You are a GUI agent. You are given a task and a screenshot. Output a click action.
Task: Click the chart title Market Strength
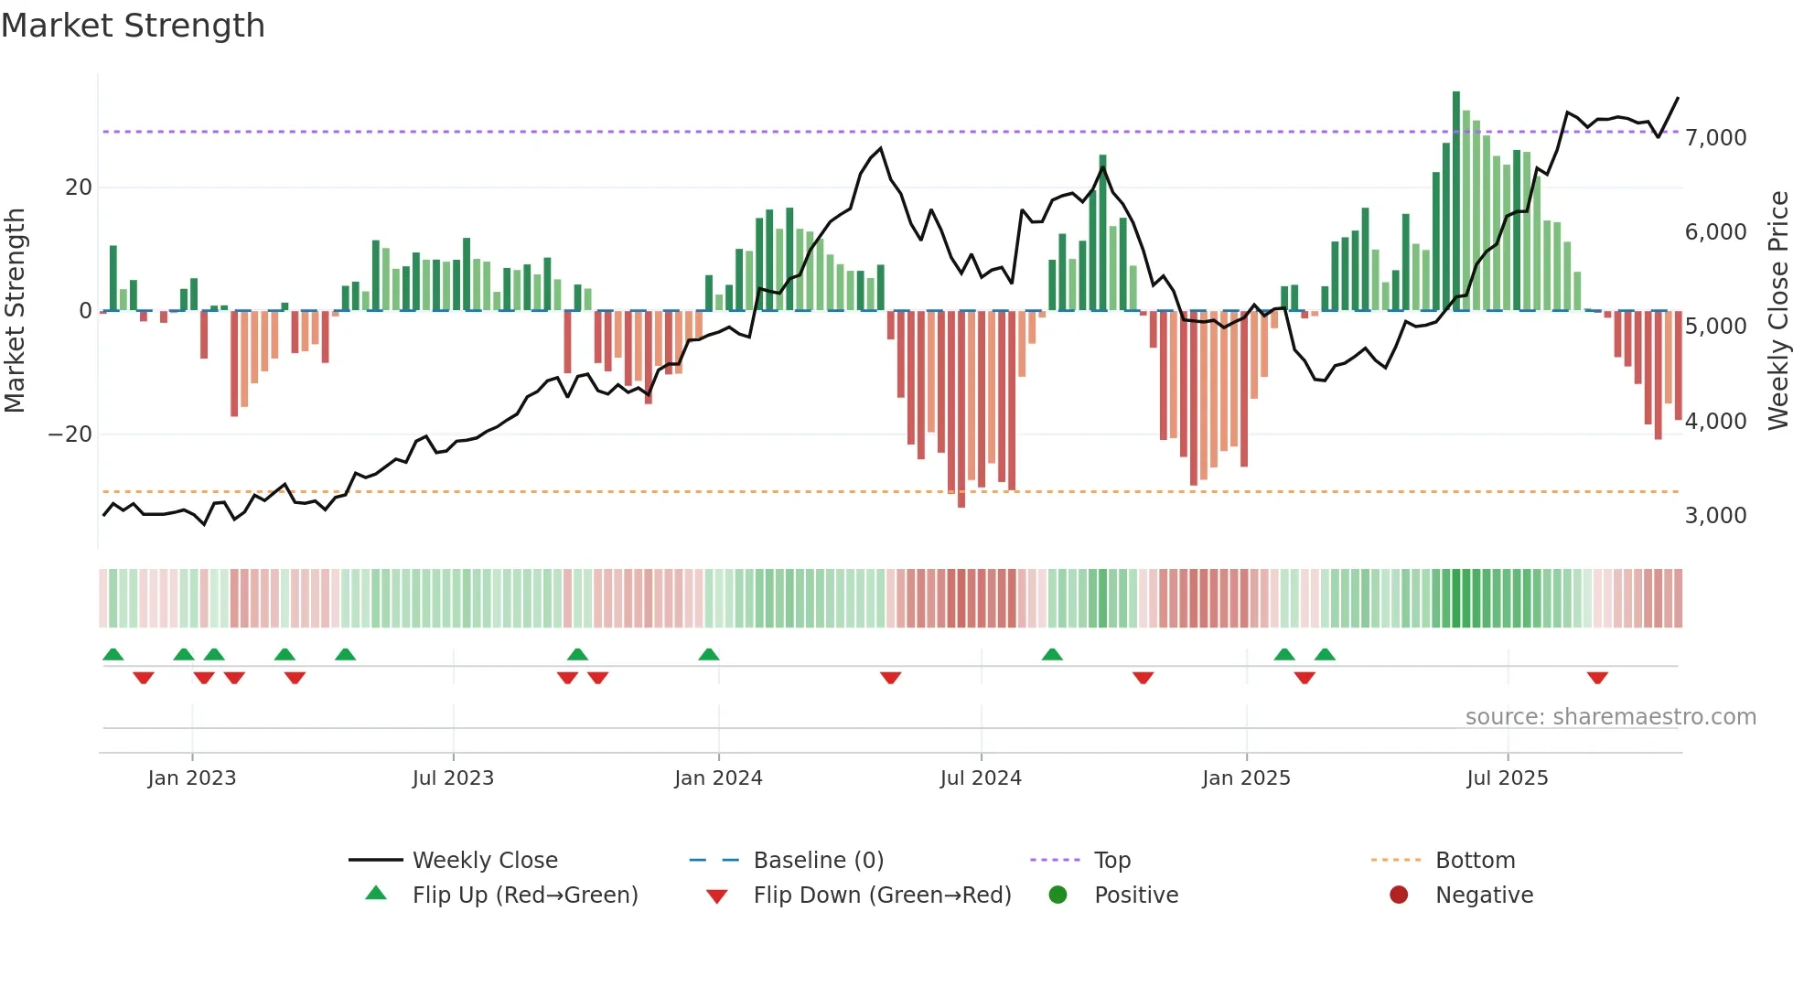[x=133, y=26]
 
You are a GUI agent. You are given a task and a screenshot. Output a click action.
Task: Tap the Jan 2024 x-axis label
[x=718, y=778]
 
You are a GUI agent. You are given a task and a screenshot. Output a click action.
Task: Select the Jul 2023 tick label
[x=453, y=778]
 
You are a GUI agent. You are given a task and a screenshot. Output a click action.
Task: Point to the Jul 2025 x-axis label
[x=1507, y=778]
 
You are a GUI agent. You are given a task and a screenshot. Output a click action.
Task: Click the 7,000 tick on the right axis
[x=1715, y=138]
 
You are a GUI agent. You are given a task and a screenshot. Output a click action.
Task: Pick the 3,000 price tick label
[x=1715, y=516]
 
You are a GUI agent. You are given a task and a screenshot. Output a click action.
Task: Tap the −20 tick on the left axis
[x=70, y=434]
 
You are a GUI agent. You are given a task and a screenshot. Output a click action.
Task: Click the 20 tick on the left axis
[x=79, y=188]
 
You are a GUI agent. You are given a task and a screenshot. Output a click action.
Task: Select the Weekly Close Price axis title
[x=1777, y=311]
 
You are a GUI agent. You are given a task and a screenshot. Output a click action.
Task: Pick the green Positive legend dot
[x=1058, y=895]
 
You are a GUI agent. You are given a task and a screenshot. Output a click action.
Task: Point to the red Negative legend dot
[x=1399, y=895]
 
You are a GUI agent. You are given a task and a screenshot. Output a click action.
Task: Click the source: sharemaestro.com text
[x=1610, y=717]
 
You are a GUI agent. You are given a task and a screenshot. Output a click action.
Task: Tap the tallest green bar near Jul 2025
[x=1456, y=201]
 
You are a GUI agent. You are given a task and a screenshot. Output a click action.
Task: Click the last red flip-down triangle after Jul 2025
[x=1597, y=678]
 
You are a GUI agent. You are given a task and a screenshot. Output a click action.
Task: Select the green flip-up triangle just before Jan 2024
[x=709, y=654]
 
